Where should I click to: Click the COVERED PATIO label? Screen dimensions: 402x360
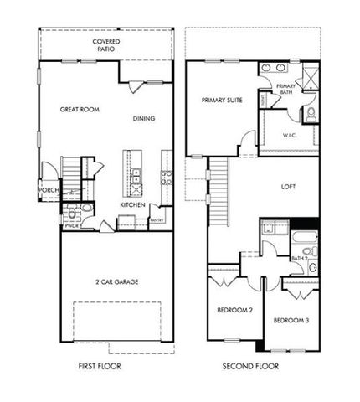(x=105, y=44)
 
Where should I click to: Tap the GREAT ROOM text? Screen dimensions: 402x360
(x=81, y=110)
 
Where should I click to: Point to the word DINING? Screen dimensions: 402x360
(x=144, y=119)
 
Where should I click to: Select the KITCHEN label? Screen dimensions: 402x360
(x=133, y=205)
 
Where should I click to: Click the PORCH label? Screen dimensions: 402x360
(x=49, y=191)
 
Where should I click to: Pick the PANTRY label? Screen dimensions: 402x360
(x=157, y=220)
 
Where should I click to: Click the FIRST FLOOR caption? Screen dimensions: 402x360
(x=97, y=366)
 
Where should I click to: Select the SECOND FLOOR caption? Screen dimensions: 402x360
(x=252, y=366)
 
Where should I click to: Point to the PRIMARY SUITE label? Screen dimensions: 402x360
(x=222, y=100)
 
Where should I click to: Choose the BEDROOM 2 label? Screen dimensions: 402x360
(x=235, y=310)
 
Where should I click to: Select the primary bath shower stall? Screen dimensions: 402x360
(x=308, y=80)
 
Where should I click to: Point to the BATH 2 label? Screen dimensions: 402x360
(x=301, y=259)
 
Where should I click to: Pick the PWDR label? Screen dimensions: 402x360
(x=70, y=224)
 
